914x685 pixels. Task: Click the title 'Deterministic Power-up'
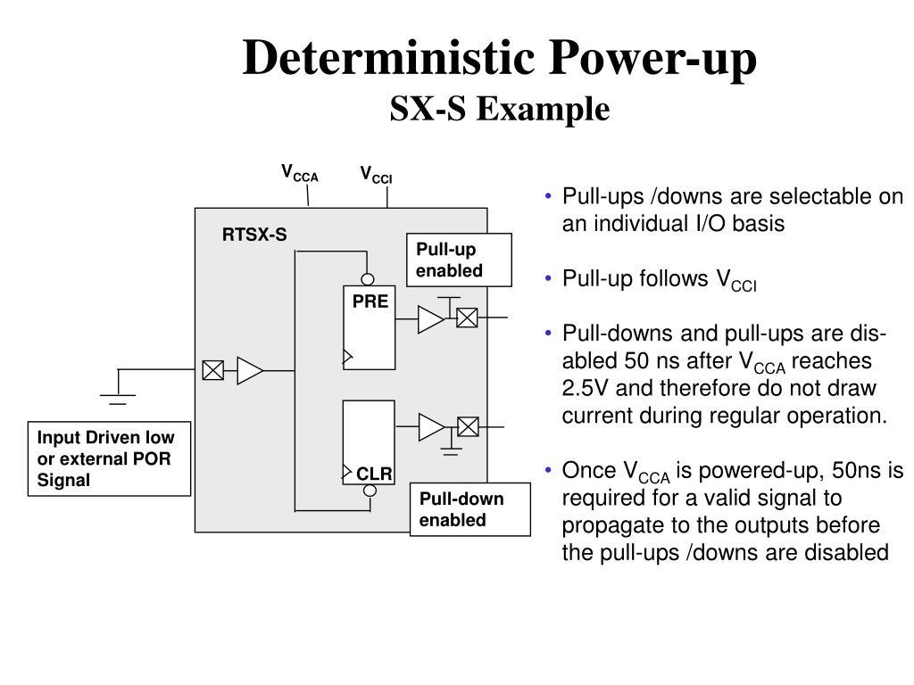pos(500,59)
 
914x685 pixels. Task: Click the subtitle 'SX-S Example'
pos(500,109)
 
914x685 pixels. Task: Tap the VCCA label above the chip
pos(299,173)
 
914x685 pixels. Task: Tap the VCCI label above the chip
pos(376,175)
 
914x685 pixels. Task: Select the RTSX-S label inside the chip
pos(254,235)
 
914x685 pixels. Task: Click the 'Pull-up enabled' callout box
pos(459,260)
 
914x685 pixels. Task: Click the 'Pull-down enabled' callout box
pos(469,509)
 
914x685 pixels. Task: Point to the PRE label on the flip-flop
pos(370,301)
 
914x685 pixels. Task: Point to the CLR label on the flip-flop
pos(374,474)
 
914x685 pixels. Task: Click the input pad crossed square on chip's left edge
pos(212,370)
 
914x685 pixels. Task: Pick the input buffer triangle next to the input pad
pos(249,370)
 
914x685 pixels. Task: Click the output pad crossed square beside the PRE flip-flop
pos(467,318)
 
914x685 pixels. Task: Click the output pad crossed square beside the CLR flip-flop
pos(467,427)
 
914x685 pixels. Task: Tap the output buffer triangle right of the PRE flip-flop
pos(430,318)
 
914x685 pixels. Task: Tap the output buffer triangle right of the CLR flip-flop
pos(430,427)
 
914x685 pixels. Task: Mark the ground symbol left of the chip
pos(118,394)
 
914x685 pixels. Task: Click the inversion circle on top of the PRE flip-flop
pos(368,280)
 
